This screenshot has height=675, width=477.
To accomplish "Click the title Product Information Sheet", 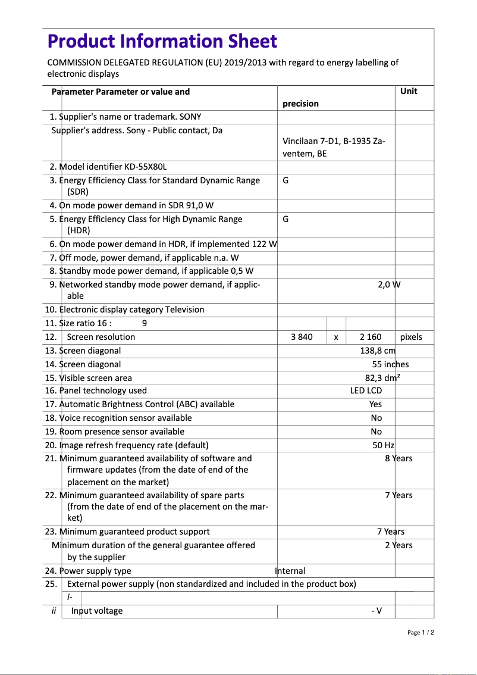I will pyautogui.click(x=162, y=41).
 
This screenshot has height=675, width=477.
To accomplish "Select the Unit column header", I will pyautogui.click(x=409, y=91).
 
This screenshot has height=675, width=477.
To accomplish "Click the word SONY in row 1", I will pyautogui.click(x=190, y=117).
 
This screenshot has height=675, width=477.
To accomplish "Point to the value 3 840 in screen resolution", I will pyautogui.click(x=302, y=337).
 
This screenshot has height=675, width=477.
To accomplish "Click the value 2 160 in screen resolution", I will pyautogui.click(x=371, y=337).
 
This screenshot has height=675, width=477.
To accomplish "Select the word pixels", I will pyautogui.click(x=411, y=337).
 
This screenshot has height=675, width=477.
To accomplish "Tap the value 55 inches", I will pyautogui.click(x=390, y=364).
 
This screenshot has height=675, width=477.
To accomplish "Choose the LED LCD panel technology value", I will pyautogui.click(x=366, y=390).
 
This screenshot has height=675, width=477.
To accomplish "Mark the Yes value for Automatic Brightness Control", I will pyautogui.click(x=375, y=404).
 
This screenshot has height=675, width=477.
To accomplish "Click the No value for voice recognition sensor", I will pyautogui.click(x=376, y=418).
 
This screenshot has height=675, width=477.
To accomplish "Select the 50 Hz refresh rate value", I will pyautogui.click(x=384, y=445).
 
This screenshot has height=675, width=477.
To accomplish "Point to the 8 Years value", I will pyautogui.click(x=398, y=458).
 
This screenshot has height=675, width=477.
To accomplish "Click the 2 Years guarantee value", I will pyautogui.click(x=398, y=545).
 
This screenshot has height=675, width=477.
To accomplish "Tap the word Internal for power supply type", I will pyautogui.click(x=290, y=571).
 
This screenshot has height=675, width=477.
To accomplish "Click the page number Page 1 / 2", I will pyautogui.click(x=420, y=632).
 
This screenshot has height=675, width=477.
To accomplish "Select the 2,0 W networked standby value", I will pyautogui.click(x=389, y=285).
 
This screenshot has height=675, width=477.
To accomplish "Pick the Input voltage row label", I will pyautogui.click(x=97, y=611).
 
